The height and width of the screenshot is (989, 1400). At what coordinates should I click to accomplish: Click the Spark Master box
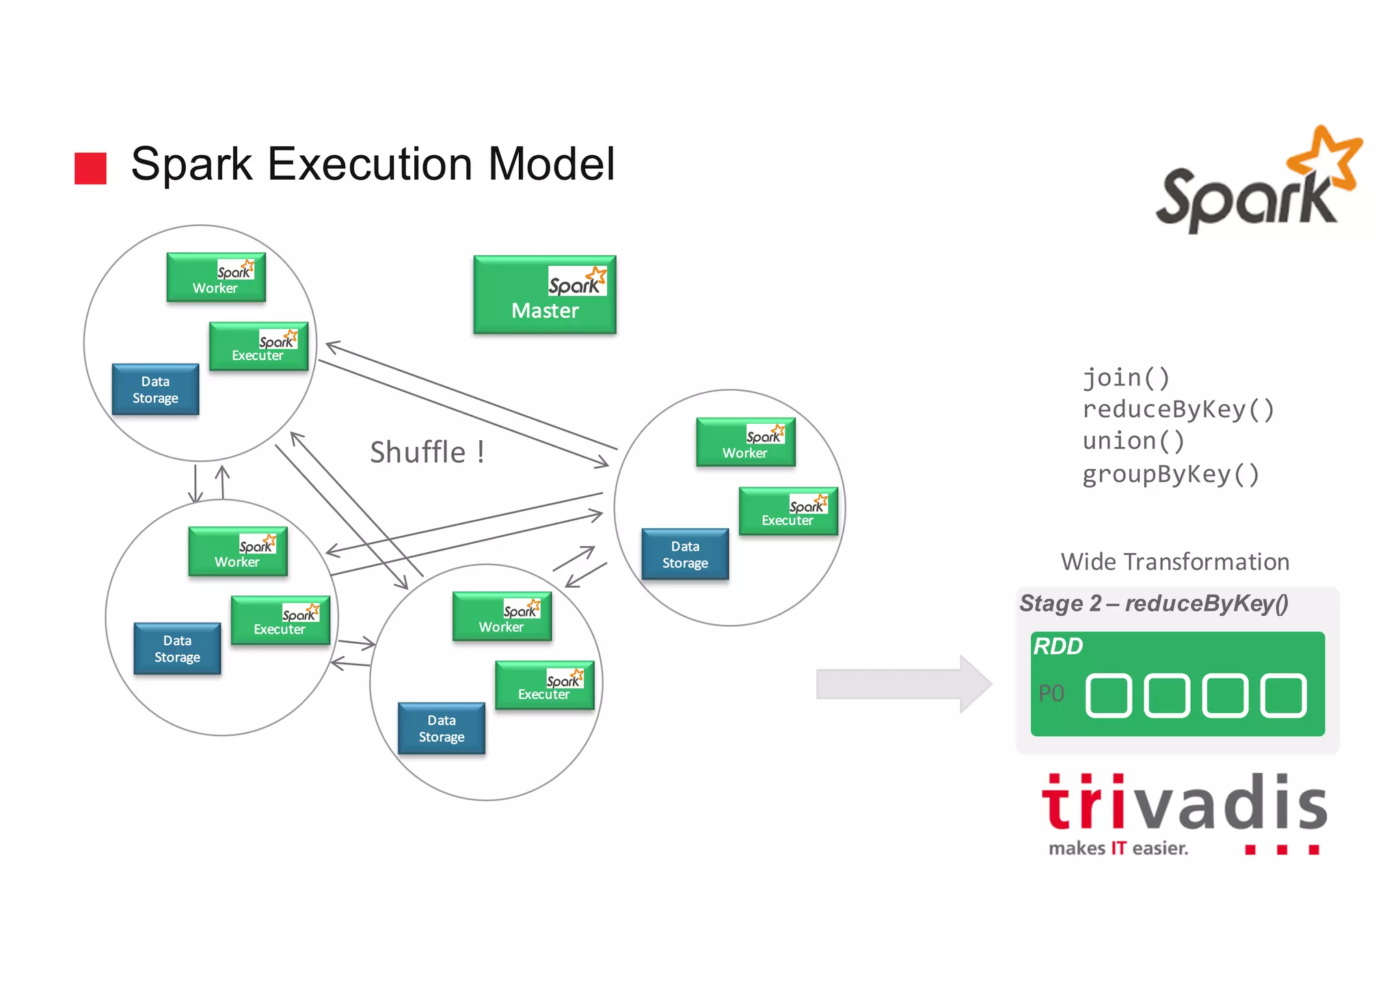[x=544, y=295]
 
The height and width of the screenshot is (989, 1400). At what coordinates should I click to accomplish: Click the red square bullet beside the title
[x=90, y=168]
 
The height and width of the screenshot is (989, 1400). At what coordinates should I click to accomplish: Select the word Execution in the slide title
[x=370, y=164]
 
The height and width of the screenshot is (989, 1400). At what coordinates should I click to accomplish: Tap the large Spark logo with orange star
[x=1258, y=181]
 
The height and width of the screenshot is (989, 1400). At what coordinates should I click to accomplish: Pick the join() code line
[x=1126, y=377]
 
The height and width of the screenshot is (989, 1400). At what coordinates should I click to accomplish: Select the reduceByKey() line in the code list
[x=1178, y=409]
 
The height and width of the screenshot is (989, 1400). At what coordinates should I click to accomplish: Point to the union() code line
[x=1133, y=441]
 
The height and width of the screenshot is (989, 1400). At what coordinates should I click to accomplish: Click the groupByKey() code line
[x=1170, y=474]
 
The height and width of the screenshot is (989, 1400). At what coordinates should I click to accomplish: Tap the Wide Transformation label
[x=1174, y=562]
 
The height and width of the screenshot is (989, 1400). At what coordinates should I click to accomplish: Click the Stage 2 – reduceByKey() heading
[x=1153, y=604]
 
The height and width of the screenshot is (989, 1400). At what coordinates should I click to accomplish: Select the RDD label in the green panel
[x=1058, y=646]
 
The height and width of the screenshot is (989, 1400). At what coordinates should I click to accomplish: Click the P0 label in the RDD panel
[x=1051, y=694]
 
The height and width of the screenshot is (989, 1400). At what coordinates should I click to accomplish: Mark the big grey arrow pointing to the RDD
[x=903, y=683]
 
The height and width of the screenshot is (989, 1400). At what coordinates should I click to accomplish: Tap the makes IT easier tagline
[x=1118, y=848]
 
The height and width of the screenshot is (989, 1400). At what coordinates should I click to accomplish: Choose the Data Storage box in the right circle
[x=685, y=554]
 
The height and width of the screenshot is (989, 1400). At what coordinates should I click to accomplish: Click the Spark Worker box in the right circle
[x=746, y=442]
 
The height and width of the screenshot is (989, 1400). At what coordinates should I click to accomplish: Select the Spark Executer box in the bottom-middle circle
[x=544, y=685]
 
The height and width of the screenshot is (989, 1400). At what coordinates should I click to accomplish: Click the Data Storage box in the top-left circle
[x=155, y=390]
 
